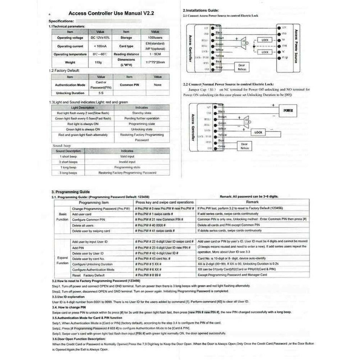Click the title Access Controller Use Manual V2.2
[111, 13]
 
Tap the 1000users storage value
[154, 37]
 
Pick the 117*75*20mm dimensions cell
[154, 62]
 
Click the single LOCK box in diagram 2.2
[258, 132]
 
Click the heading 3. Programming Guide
[71, 192]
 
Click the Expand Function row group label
[62, 260]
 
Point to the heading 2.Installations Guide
[201, 11]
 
